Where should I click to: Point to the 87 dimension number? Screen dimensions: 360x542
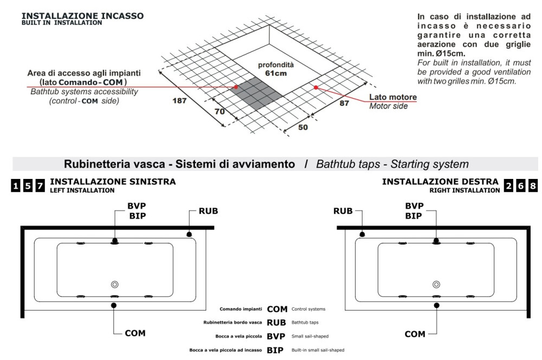pyautogui.click(x=344, y=104)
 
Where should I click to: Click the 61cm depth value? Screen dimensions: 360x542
pyautogui.click(x=269, y=73)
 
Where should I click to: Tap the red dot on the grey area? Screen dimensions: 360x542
pyautogui.click(x=236, y=87)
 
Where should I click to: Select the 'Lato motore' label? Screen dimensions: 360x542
pyautogui.click(x=393, y=97)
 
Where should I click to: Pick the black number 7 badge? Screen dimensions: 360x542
pyautogui.click(x=40, y=185)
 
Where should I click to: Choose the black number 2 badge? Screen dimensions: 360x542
pyautogui.click(x=509, y=185)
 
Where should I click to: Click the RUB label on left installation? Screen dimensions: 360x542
pyautogui.click(x=208, y=210)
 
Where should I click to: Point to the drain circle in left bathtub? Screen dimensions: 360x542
pyautogui.click(x=114, y=284)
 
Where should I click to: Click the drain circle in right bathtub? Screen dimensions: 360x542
pyautogui.click(x=436, y=284)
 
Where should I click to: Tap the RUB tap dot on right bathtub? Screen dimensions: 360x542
pyautogui.click(x=362, y=234)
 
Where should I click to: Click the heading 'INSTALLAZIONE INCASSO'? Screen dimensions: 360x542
pyautogui.click(x=82, y=16)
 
